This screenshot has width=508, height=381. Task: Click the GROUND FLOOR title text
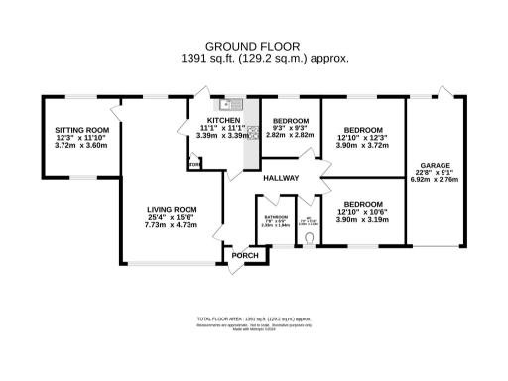point(253,46)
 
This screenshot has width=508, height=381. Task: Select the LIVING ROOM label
point(173,210)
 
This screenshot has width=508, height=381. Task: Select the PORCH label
point(244,256)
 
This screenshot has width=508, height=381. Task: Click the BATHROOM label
point(275,217)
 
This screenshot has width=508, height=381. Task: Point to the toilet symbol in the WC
point(311,238)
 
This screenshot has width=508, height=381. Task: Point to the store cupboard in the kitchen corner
point(194,166)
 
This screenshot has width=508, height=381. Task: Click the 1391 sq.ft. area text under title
point(253,59)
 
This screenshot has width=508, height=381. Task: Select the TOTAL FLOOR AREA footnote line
point(254,319)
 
